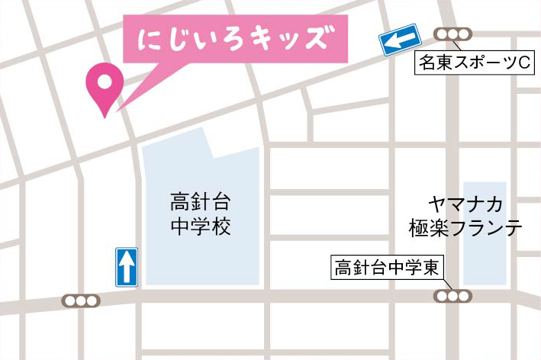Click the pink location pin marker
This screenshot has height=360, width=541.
(104, 87)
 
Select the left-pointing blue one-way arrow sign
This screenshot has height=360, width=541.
(401, 40)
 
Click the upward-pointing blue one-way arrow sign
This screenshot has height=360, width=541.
(127, 267)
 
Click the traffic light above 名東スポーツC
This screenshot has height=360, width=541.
(452, 34)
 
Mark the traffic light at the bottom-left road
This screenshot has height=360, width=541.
(80, 301)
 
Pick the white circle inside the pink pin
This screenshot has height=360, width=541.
(104, 79)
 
